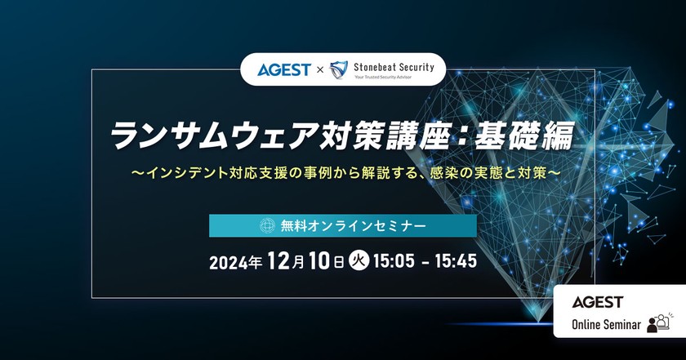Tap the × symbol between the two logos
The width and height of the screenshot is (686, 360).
pyautogui.click(x=320, y=70)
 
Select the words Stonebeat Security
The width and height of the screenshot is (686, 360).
pyautogui.click(x=394, y=66)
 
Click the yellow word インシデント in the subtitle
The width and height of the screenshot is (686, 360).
pyautogui.click(x=176, y=176)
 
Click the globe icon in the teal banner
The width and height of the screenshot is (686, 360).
pyautogui.click(x=265, y=226)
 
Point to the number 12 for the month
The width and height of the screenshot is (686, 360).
pyautogui.click(x=278, y=262)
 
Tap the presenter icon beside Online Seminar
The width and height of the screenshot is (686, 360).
pyautogui.click(x=657, y=323)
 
